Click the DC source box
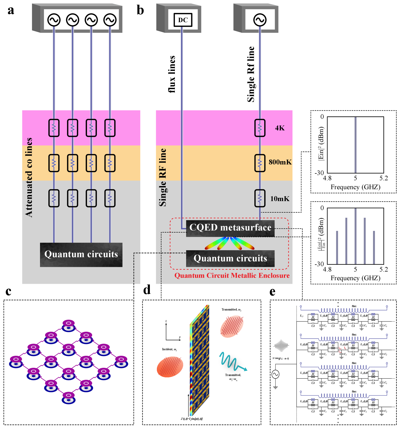click(183, 20)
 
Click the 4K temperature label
click(280, 128)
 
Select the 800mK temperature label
click(280, 162)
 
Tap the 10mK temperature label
click(280, 199)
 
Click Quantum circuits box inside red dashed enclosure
click(230, 258)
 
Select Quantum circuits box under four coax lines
click(81, 255)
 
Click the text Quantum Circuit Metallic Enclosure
click(232, 275)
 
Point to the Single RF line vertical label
click(163, 177)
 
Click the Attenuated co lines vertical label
click(29, 177)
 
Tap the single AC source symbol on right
click(260, 20)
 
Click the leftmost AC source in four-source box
click(54, 20)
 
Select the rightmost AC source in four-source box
click(110, 20)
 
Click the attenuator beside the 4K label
click(260, 128)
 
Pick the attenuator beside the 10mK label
click(260, 198)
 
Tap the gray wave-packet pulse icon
click(281, 346)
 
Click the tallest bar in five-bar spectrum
click(355, 236)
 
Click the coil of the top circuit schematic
click(344, 310)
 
